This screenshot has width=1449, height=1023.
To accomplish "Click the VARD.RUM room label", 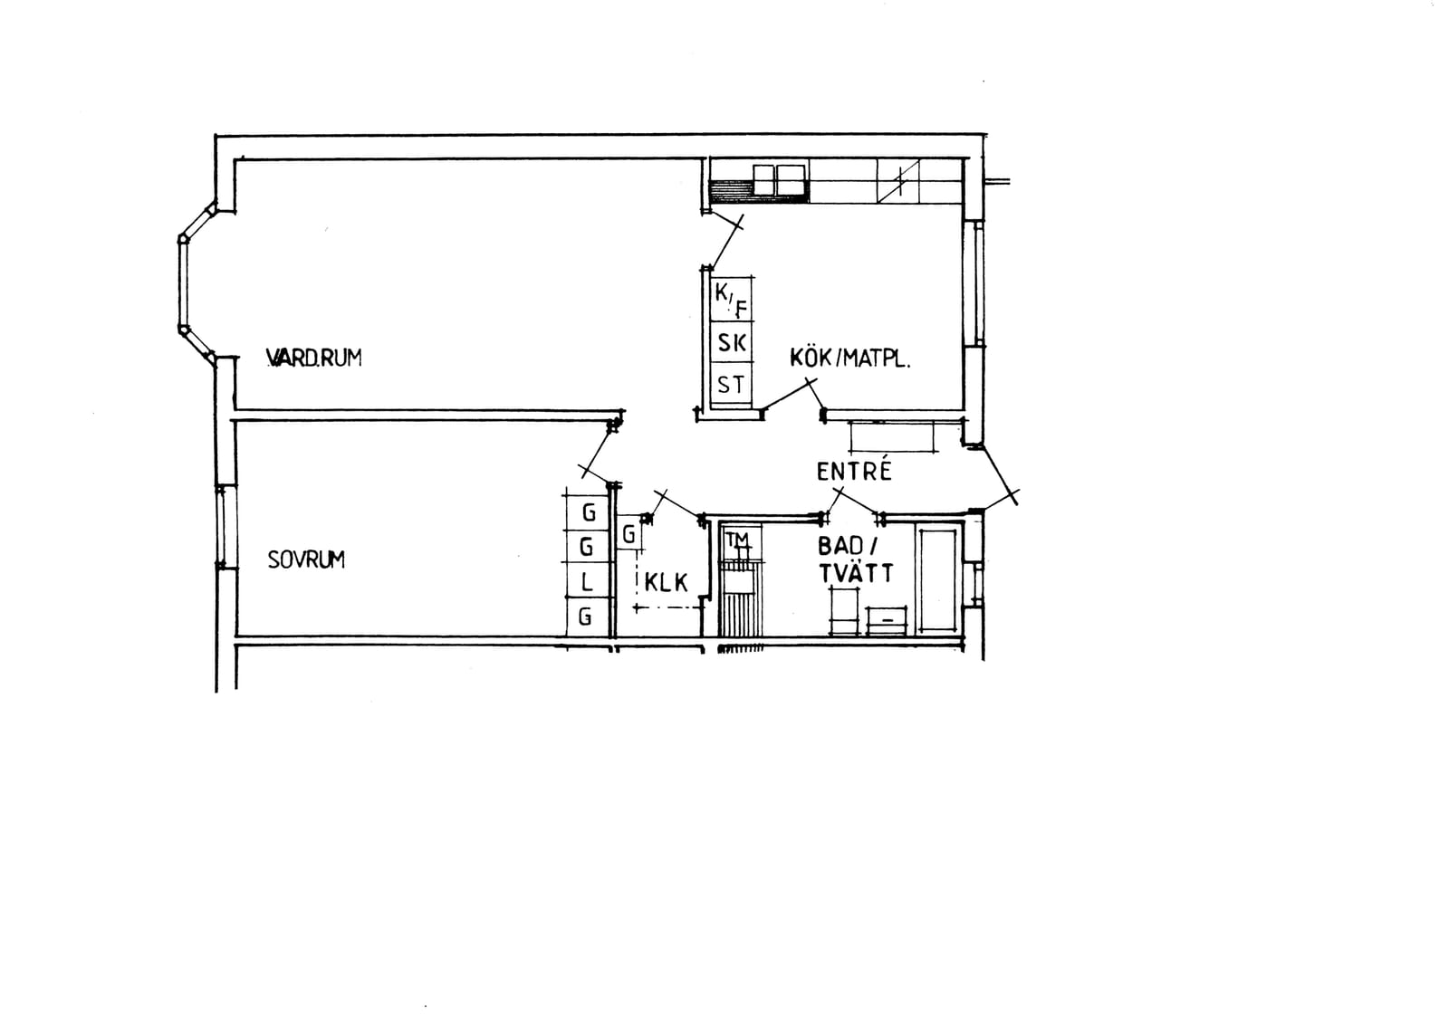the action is pos(313,358).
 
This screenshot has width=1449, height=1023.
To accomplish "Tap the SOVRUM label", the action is pos(306,559).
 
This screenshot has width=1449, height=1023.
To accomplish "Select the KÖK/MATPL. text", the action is pos(850,358).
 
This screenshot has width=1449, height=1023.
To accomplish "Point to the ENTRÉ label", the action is pos(854,471).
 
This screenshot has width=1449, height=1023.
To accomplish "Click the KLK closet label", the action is pos(667,583).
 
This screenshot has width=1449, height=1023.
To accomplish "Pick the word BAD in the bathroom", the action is pos(840,546).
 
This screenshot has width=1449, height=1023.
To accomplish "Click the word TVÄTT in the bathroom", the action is pos(857,573).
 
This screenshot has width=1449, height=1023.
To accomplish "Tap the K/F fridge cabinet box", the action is pos(733,299).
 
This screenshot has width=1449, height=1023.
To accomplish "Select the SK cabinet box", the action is pos(733,343).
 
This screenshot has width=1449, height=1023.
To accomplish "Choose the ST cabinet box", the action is pos(733,386).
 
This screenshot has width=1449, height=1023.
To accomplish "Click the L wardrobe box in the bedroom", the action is pos(587,581).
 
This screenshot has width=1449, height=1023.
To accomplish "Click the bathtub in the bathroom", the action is pos(936,580).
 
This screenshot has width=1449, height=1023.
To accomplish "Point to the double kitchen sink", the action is pos(781,180).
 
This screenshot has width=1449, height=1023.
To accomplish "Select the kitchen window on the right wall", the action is pos(974,283).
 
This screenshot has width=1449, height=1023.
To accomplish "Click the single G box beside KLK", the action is pos(629,532).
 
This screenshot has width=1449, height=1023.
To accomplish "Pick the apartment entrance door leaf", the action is pos(998,475).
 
